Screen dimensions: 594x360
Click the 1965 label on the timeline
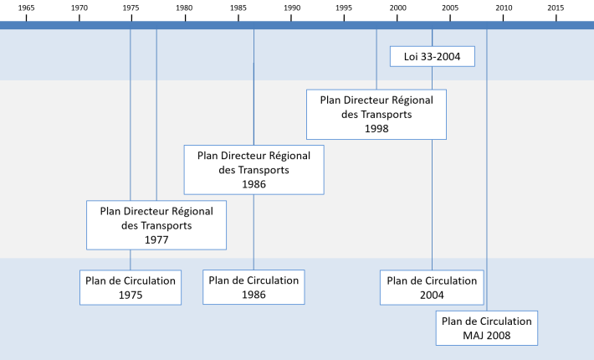tap(26, 8)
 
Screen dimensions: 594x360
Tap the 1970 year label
tap(79, 8)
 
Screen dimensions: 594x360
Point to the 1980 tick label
tap(184, 8)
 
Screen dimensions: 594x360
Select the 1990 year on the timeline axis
tap(292, 8)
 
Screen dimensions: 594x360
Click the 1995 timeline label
tap(344, 8)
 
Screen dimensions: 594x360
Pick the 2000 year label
tap(397, 8)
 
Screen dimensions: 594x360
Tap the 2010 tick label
tap(504, 8)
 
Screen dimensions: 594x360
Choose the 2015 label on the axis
tap(556, 8)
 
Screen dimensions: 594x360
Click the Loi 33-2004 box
tap(433, 56)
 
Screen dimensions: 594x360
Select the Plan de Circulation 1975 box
tap(131, 287)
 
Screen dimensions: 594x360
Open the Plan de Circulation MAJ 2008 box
tap(486, 328)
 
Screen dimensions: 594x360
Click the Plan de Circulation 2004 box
tap(432, 287)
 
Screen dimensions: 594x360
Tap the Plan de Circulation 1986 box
tap(253, 287)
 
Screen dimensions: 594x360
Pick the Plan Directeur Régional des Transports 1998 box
tap(376, 115)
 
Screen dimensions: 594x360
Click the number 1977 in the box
tap(156, 240)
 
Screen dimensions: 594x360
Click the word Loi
tap(411, 57)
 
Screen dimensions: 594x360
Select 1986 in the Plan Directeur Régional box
tap(253, 184)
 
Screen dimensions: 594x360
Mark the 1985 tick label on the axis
tap(238, 8)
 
